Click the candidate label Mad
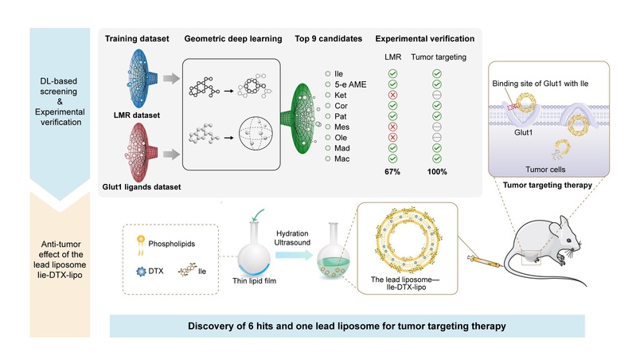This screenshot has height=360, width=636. coord(342,147)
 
